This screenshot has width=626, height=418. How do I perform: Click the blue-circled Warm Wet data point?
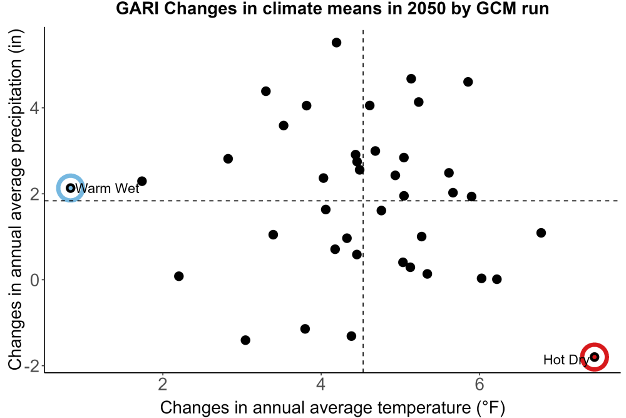click(x=71, y=188)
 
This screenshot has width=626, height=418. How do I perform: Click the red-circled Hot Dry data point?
click(x=595, y=357)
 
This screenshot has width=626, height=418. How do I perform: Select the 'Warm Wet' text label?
click(x=107, y=188)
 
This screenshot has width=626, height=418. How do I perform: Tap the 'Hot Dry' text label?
click(x=566, y=360)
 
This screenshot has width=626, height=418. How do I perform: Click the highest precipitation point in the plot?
click(x=337, y=43)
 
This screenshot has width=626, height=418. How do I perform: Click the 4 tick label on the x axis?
click(x=321, y=384)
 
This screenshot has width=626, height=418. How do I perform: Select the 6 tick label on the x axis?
click(x=480, y=384)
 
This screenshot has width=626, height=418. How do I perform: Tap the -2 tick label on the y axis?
click(x=31, y=366)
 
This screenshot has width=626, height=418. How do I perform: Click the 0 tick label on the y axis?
click(x=35, y=280)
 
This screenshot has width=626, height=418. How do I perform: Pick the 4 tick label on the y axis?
click(x=35, y=108)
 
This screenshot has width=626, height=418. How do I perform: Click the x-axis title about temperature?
click(x=332, y=407)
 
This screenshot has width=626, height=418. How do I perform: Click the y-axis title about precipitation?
click(x=16, y=200)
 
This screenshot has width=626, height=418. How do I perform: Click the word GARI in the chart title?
click(x=138, y=8)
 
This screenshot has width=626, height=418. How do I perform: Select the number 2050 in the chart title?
click(x=426, y=8)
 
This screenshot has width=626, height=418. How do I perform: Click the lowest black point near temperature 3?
click(x=245, y=340)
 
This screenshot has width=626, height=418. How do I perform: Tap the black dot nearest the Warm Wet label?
click(x=141, y=181)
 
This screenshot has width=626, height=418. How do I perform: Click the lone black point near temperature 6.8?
click(x=541, y=233)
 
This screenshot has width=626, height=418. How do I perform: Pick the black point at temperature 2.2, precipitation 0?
click(x=179, y=276)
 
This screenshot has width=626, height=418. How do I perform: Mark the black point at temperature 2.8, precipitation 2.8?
click(x=228, y=159)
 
